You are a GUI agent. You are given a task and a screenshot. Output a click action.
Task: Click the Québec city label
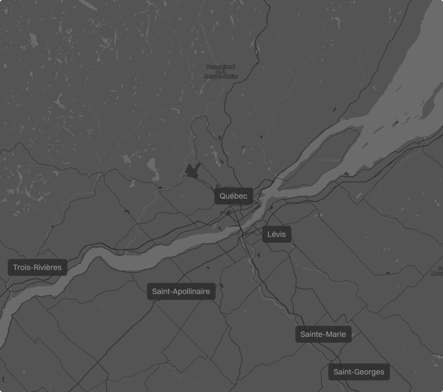[234, 196]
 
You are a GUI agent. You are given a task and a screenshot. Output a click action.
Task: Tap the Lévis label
[277, 234]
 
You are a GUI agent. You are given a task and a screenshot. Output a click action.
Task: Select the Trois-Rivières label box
[37, 267]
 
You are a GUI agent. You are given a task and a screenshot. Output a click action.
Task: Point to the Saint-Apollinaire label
[181, 291]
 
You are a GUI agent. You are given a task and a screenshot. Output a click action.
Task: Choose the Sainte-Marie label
[323, 334]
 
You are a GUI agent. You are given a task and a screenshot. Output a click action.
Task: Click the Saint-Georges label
[359, 372]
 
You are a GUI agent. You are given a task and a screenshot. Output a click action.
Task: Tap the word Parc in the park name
[211, 67]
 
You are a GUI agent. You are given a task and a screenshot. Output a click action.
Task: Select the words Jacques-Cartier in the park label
[221, 77]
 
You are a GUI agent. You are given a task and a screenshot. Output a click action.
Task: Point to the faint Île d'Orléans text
[330, 160]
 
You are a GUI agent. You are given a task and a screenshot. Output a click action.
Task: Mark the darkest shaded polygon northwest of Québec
[192, 170]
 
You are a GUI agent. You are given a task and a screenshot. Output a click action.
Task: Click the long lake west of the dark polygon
[152, 168]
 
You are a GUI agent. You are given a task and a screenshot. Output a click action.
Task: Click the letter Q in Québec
[223, 196]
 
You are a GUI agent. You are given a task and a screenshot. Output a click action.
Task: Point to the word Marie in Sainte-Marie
[336, 334]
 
